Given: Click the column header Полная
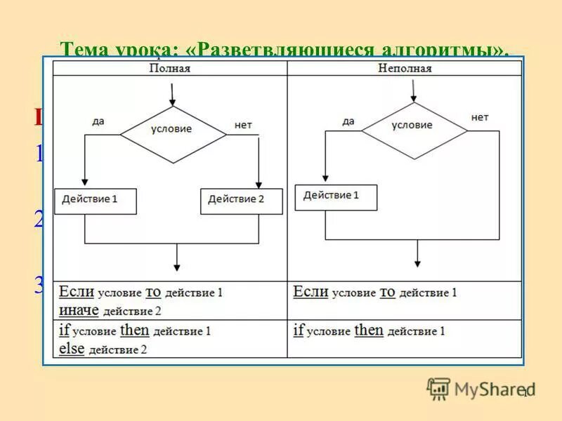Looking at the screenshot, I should click(170, 68).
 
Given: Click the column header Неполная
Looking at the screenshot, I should click(404, 68).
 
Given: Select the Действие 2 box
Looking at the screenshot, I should click(241, 200).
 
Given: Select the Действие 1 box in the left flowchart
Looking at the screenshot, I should click(95, 200).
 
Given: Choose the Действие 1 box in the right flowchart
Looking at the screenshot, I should click(336, 196).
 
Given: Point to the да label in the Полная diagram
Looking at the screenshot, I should click(98, 121).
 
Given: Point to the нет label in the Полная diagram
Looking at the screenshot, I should click(243, 125).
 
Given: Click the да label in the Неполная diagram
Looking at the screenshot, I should click(348, 121).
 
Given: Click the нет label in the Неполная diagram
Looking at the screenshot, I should click(480, 117).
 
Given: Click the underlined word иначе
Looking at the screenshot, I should click(79, 309).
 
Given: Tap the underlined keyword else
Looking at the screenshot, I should click(72, 348).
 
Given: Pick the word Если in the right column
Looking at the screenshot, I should click(311, 291).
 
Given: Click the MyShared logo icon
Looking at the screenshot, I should click(438, 389).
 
